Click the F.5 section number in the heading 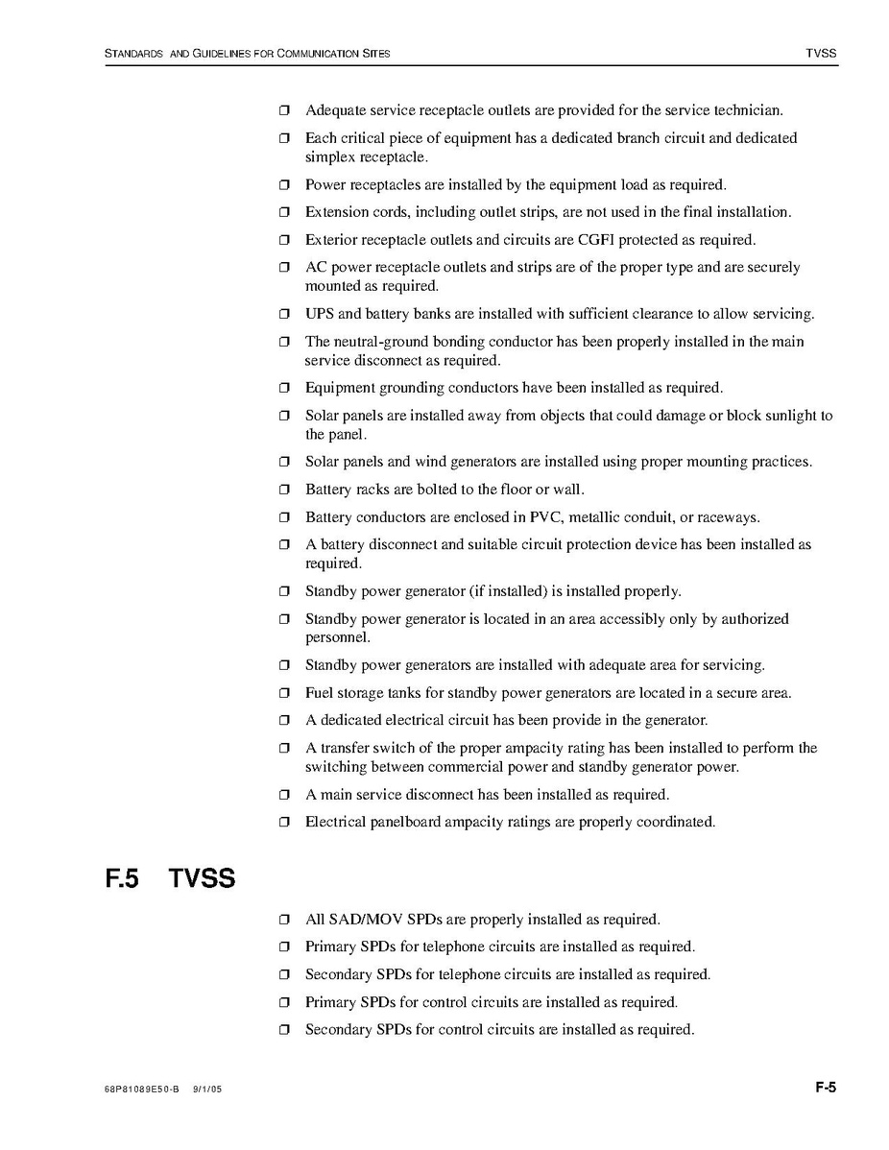click(123, 877)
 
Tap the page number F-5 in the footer click(826, 1088)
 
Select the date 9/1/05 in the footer click(207, 1090)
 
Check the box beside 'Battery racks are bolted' click(284, 491)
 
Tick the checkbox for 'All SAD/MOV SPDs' click(284, 920)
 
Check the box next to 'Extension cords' click(284, 212)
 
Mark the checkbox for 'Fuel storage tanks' click(284, 693)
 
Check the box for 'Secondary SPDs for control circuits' click(284, 1030)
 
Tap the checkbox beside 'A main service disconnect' click(284, 795)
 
